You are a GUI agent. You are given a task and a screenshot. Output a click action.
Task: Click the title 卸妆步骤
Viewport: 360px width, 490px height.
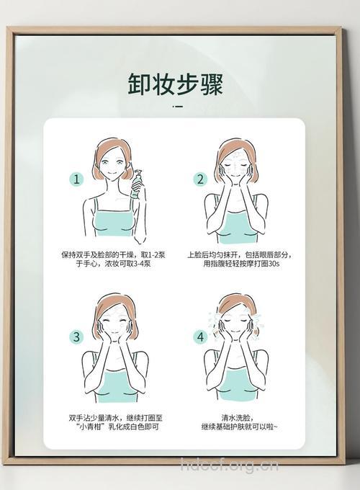176,83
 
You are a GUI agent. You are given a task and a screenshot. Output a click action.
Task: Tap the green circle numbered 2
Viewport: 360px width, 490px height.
201,179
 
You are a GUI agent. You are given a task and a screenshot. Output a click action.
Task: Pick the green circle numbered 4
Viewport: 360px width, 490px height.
201,337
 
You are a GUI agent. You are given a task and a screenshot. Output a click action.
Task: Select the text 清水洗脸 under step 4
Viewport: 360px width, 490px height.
235,416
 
